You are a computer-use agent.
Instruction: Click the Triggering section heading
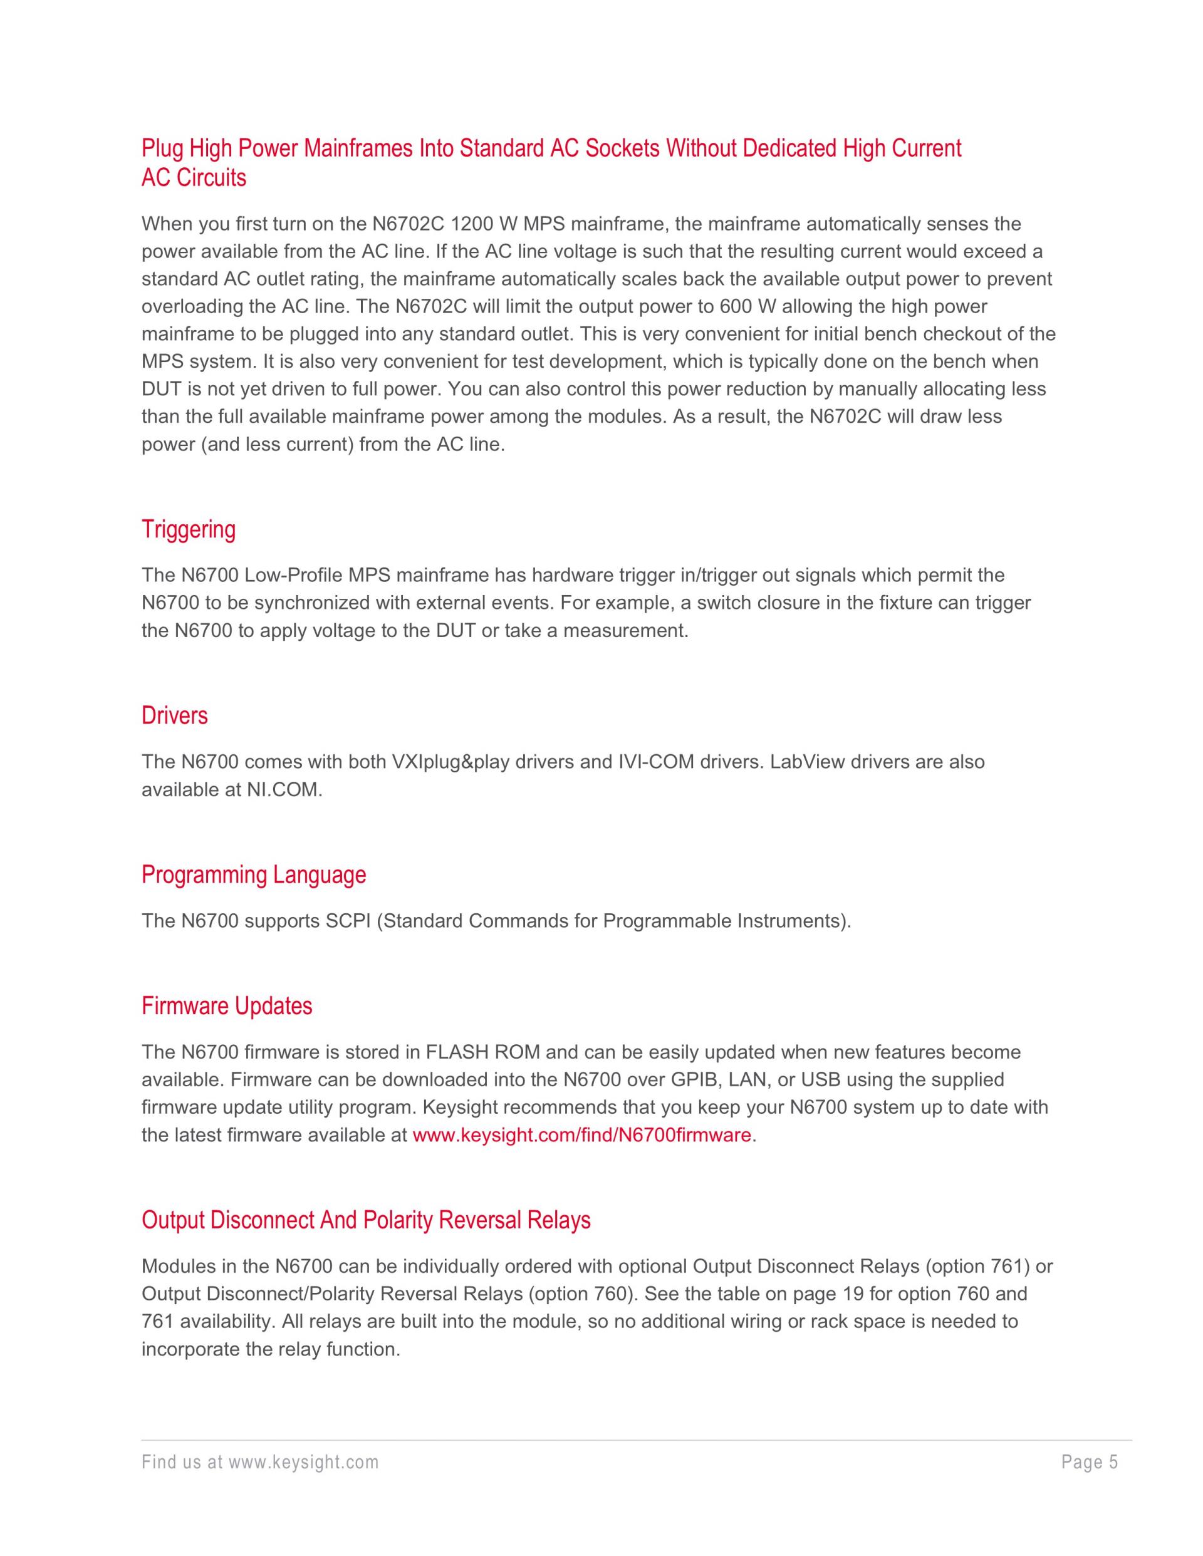(x=188, y=530)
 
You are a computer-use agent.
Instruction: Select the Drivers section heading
(x=175, y=715)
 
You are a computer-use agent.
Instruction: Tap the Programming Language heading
(x=254, y=875)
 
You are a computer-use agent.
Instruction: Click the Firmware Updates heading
(x=227, y=1006)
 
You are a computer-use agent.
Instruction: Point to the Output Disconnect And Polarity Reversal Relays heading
(x=367, y=1220)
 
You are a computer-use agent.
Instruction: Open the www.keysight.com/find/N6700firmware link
(x=581, y=1135)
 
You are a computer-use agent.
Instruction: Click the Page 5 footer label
(x=1090, y=1463)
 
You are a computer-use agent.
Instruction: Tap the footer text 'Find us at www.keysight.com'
(x=260, y=1463)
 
